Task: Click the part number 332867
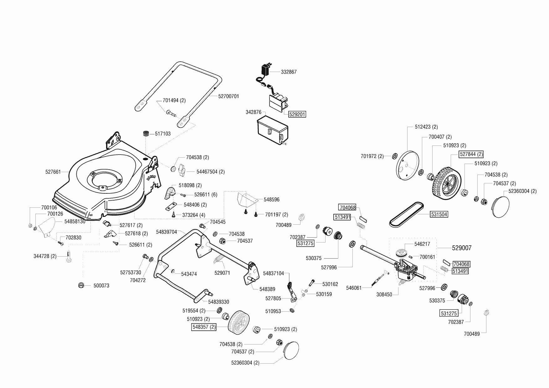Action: pos(289,72)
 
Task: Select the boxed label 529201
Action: pos(297,115)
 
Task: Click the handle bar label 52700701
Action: pos(228,96)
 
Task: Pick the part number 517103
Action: pos(163,134)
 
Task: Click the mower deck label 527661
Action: pos(53,171)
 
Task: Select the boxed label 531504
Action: pos(439,214)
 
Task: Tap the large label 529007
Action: pos(462,248)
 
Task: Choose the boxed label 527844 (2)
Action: pos(471,154)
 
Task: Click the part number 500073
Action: pos(101,286)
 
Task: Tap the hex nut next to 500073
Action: pos(81,285)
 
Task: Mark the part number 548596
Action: pos(271,199)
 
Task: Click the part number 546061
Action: pos(354,288)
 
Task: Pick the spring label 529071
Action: pos(222,273)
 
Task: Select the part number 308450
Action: pos(384,294)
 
